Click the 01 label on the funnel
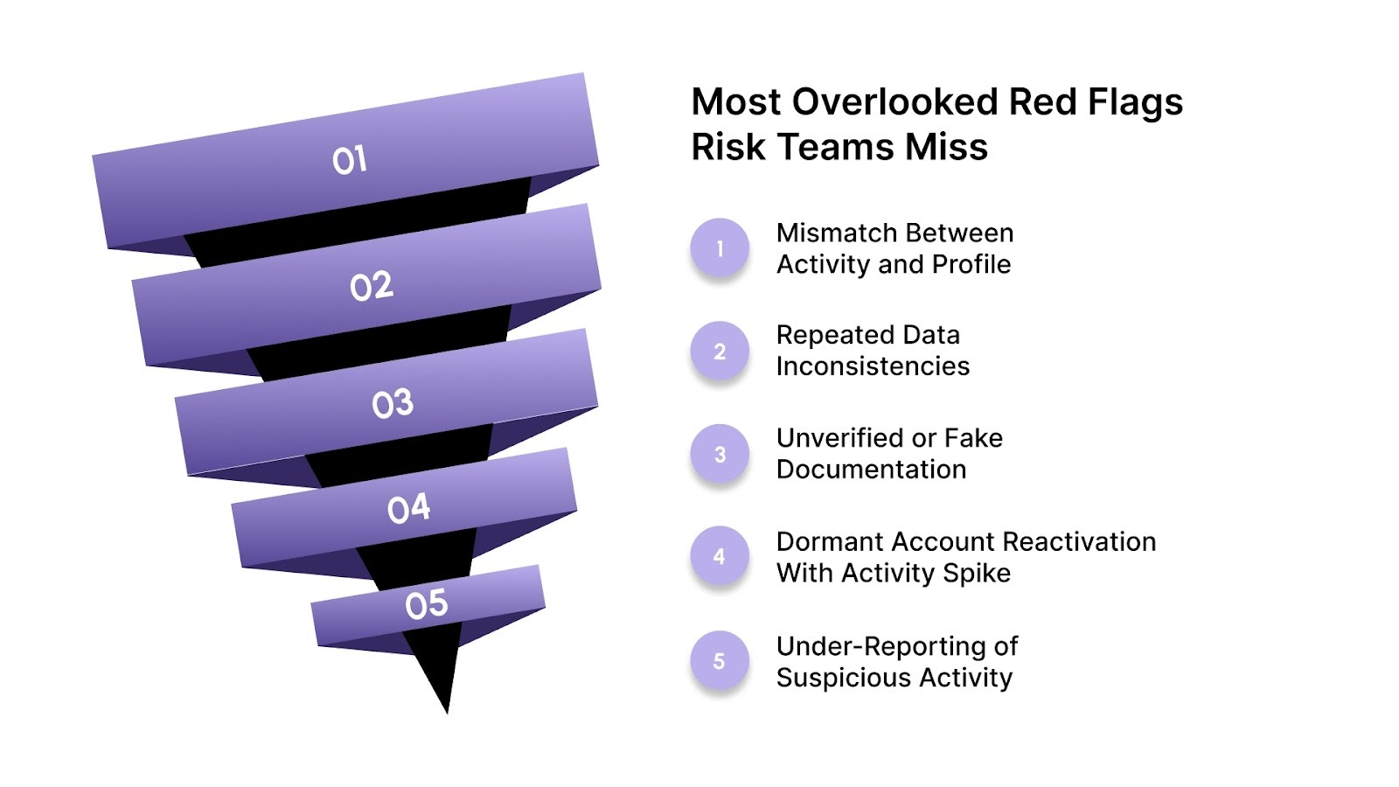coord(349,160)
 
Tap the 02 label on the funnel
coord(372,286)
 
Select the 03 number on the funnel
coord(392,403)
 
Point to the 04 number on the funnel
coord(408,508)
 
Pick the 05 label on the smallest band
coord(426,604)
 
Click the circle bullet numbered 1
coord(720,248)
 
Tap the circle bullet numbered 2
coord(720,352)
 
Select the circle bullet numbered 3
coord(720,455)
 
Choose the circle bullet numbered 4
coord(720,556)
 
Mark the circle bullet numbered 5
coord(720,661)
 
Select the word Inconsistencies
coord(873,366)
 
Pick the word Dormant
coord(828,541)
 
